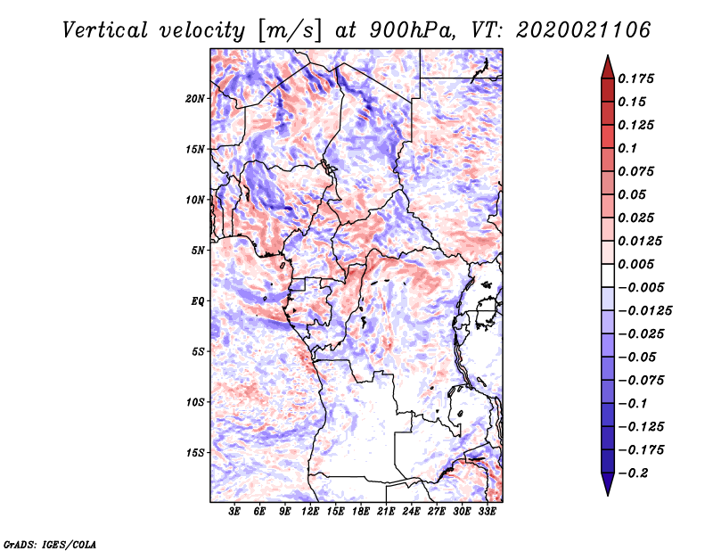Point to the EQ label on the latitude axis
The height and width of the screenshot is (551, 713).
(198, 301)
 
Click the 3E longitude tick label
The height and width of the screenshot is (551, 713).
(235, 513)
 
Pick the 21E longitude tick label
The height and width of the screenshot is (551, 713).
(386, 513)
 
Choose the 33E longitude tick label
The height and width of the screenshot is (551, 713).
(487, 513)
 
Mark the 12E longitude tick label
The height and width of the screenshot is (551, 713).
(310, 513)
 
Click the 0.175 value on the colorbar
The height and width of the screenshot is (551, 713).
(636, 78)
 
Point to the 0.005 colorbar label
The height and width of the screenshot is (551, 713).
(636, 265)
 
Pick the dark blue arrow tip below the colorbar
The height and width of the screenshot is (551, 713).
(606, 489)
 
